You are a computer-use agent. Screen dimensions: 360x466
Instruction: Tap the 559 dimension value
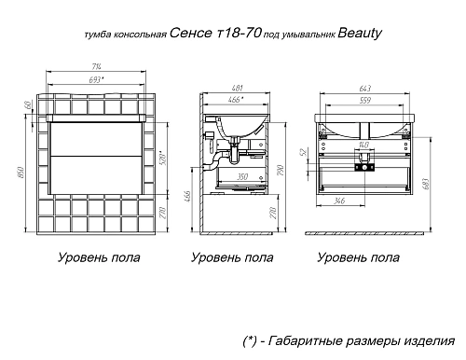pyautogui.click(x=365, y=99)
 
